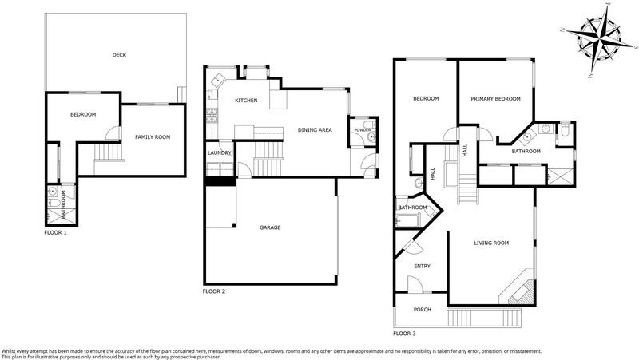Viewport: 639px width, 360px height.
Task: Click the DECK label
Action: point(119,55)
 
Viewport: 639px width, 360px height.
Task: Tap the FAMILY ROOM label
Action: point(153,137)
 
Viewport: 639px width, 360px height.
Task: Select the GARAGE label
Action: point(270,227)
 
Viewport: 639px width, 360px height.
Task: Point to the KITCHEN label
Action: point(246,101)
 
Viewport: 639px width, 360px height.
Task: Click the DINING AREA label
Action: point(315,130)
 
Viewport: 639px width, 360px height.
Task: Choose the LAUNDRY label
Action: point(220,153)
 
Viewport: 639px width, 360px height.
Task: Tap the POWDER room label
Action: point(363,130)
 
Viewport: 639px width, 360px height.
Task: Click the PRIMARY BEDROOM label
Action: point(495,99)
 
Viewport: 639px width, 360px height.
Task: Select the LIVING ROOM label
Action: point(491,243)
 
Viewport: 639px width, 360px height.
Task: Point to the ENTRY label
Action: point(423,267)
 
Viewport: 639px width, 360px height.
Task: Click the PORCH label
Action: point(423,310)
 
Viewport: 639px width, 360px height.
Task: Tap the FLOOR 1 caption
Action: point(55,233)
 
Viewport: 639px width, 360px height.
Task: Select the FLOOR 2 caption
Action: point(214,291)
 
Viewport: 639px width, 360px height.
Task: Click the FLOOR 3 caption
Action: point(404,334)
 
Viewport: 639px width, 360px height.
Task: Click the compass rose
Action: point(599,38)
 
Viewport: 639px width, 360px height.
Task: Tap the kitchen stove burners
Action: point(212,115)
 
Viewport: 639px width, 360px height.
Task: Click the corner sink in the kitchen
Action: point(218,78)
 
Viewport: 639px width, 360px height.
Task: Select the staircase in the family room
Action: point(109,152)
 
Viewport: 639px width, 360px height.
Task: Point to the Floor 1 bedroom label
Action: point(83,115)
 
